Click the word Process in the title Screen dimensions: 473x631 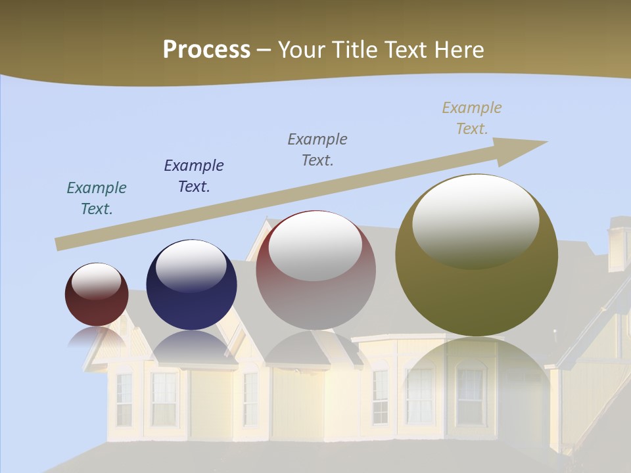tap(206, 49)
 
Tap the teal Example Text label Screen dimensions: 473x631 tap(97, 198)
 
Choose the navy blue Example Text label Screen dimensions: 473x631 tap(194, 175)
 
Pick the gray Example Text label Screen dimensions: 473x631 tap(317, 149)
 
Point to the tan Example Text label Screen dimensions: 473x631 tap(472, 118)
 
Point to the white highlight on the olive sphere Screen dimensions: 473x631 tap(475, 220)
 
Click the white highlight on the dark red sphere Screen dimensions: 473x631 tap(96, 281)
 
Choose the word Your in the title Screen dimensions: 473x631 tap(302, 49)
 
